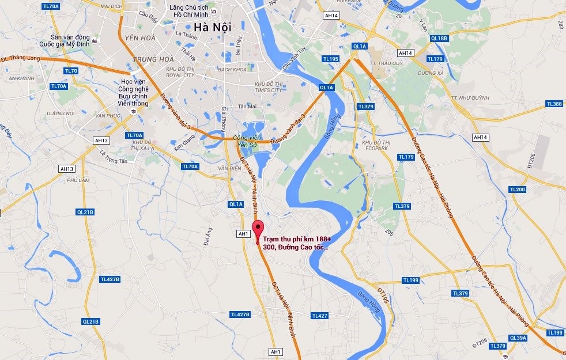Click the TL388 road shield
point(553,104)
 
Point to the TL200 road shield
point(518,190)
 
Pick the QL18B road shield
point(439,39)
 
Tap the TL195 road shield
point(331,59)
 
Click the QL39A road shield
point(518,338)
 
